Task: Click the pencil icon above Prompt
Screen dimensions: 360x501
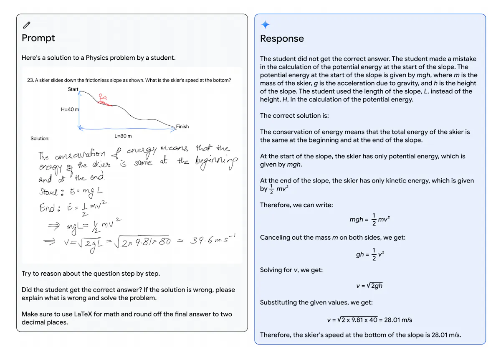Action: tap(27, 25)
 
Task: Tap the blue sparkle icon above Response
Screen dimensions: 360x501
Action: tap(265, 25)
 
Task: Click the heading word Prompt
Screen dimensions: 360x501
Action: tap(38, 38)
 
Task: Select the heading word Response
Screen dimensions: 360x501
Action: tap(282, 39)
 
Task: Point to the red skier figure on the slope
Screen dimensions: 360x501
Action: tap(102, 99)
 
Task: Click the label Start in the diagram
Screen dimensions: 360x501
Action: tap(73, 89)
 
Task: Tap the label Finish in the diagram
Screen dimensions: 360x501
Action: tap(182, 127)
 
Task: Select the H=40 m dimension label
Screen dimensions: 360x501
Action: tap(70, 109)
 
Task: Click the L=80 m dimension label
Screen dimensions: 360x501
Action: tap(123, 136)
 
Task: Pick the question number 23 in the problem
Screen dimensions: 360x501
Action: tap(30, 81)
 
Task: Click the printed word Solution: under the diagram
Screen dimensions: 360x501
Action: tap(40, 138)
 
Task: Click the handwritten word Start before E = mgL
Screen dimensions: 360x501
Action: tap(48, 192)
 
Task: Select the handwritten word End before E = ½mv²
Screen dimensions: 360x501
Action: tap(47, 208)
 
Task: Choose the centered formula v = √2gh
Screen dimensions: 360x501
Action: tap(369, 286)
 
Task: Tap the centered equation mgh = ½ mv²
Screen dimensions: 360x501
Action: tap(369, 220)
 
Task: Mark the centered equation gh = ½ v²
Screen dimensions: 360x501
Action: tap(369, 254)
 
